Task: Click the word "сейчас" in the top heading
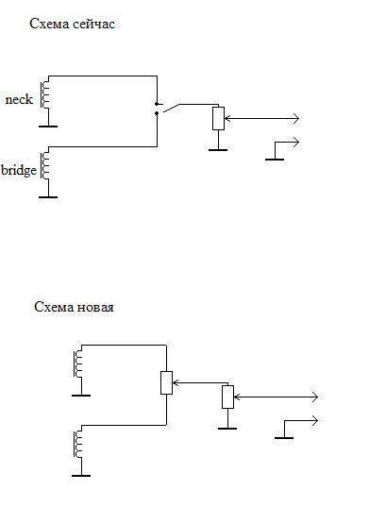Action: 93,24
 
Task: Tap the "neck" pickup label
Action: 19,99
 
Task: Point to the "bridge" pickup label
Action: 19,170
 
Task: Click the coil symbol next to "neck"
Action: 44,95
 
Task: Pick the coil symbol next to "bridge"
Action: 44,166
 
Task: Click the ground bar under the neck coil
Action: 48,127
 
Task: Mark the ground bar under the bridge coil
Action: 48,197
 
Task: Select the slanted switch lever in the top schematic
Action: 171,108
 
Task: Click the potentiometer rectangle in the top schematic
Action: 218,118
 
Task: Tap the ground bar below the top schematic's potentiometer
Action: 218,150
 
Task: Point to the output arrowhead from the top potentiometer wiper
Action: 296,118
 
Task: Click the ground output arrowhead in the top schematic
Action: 296,142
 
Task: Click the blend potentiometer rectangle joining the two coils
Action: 166,382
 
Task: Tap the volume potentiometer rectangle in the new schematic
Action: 227,397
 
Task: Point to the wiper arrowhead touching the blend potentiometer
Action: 176,382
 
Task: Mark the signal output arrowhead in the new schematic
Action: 314,397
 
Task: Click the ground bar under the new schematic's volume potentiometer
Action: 227,429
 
